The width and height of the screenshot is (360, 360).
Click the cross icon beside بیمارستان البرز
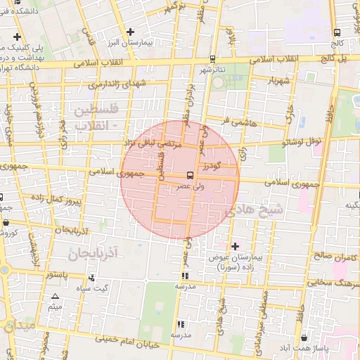[x=131, y=31]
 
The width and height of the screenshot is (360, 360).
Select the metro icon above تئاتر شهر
[x=212, y=60]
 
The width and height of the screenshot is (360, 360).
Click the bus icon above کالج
[x=337, y=32]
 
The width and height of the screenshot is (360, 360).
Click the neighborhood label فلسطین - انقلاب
[x=90, y=117]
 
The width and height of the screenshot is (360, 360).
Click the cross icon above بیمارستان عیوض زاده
[x=235, y=245]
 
